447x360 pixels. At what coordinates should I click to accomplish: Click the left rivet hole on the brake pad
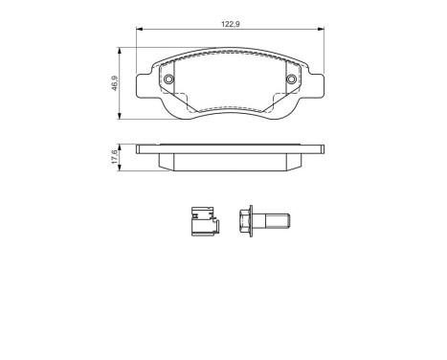[x=168, y=79]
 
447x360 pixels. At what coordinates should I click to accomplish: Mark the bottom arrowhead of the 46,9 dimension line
[x=120, y=116]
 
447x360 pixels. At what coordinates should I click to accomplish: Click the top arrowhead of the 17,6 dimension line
[x=120, y=146]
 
